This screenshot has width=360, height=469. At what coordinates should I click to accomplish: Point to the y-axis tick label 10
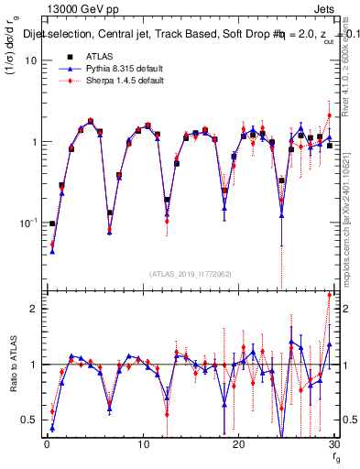(x=29, y=60)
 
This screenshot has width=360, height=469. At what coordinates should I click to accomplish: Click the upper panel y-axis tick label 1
(x=33, y=142)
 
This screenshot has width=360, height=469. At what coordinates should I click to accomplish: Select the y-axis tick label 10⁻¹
(x=28, y=223)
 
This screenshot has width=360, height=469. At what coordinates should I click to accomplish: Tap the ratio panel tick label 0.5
(x=29, y=420)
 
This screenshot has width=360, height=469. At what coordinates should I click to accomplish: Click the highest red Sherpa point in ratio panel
(x=329, y=295)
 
